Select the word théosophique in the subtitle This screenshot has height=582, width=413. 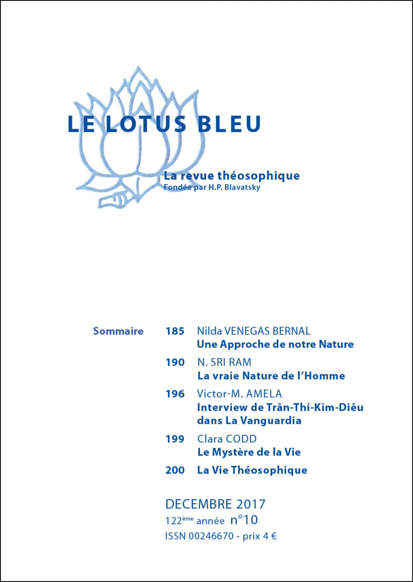258,176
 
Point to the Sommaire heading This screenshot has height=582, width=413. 118,331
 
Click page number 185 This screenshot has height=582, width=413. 175,331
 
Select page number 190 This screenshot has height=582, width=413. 175,362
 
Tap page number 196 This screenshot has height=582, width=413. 175,394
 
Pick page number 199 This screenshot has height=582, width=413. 175,439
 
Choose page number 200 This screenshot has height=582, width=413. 175,470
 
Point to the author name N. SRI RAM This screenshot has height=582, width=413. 224,362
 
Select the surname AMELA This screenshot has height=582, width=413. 264,394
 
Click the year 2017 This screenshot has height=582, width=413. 251,504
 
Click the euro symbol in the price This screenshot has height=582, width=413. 274,536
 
